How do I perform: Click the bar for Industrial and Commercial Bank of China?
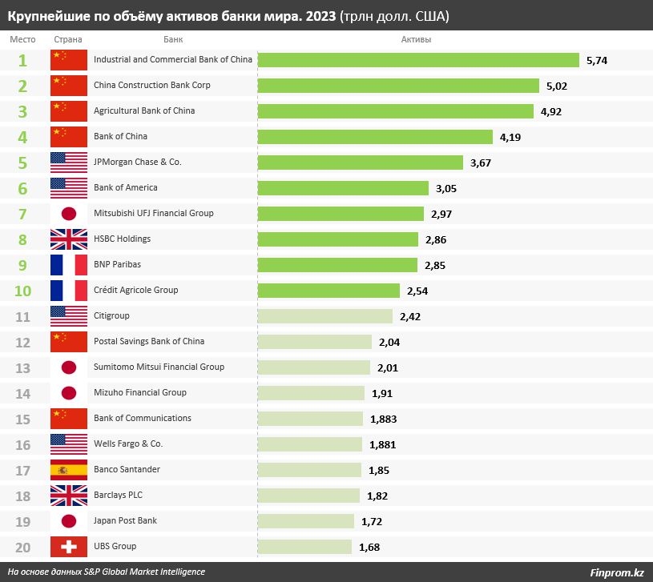click(x=417, y=60)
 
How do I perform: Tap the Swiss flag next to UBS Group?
click(x=68, y=546)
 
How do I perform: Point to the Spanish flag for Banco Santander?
click(x=68, y=469)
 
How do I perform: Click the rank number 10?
click(x=22, y=291)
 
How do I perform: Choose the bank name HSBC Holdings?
click(x=122, y=239)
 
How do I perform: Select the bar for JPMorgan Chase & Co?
click(x=360, y=163)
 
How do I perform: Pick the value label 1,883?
click(x=383, y=419)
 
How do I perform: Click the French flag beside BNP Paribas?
click(x=68, y=264)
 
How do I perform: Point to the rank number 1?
click(x=22, y=60)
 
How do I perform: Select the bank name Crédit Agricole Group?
click(x=135, y=290)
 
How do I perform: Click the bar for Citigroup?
click(x=324, y=316)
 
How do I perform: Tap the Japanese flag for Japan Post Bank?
click(x=68, y=520)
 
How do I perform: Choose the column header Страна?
click(x=68, y=39)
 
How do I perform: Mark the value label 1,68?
click(x=369, y=547)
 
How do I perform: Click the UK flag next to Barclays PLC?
click(x=68, y=495)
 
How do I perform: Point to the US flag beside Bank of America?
click(x=68, y=187)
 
